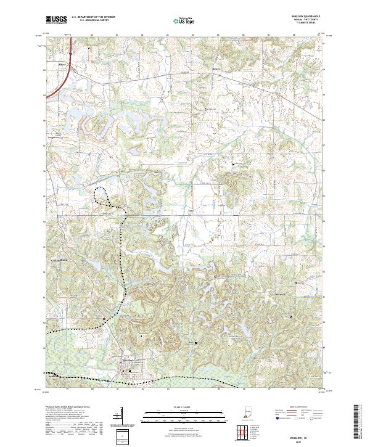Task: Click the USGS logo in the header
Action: coord(57,20)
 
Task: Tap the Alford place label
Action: coord(62,63)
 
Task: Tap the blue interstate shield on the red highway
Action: coord(70,53)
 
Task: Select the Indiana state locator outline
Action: coord(247,417)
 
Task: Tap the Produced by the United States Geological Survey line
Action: coord(68,408)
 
